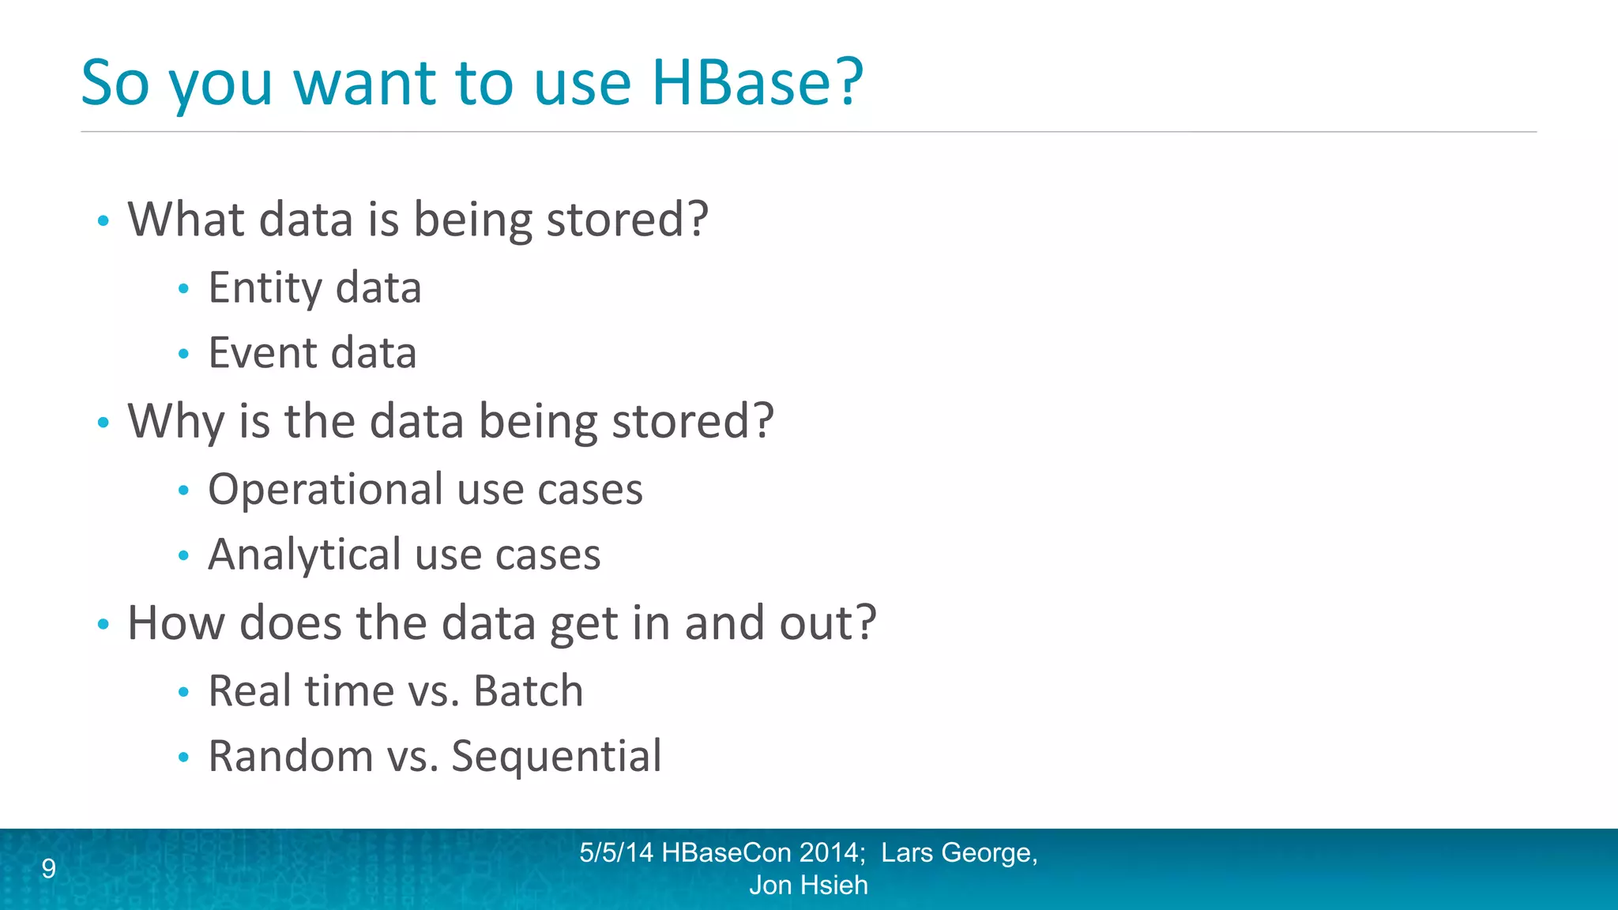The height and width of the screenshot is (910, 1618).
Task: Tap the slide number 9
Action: click(x=49, y=869)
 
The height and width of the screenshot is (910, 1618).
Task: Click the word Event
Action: click(x=262, y=353)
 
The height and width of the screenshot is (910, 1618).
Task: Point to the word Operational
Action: click(x=325, y=490)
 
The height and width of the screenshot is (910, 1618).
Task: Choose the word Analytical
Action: click(x=304, y=555)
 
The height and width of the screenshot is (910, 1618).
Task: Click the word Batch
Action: click(x=528, y=691)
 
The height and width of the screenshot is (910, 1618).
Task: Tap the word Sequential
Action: click(x=556, y=757)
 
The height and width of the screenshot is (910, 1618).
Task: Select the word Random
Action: click(x=290, y=757)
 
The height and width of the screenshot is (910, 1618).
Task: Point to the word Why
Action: click(x=176, y=422)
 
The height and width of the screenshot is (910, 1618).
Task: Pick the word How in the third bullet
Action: click(x=176, y=623)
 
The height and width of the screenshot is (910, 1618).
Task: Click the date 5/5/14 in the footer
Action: click(x=616, y=853)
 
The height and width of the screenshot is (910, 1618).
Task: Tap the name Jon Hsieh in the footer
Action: click(x=808, y=886)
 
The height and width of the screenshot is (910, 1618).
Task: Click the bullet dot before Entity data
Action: click(x=183, y=289)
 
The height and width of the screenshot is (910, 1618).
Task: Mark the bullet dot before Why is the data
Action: click(x=103, y=423)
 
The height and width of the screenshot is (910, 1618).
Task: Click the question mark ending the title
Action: click(x=848, y=82)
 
